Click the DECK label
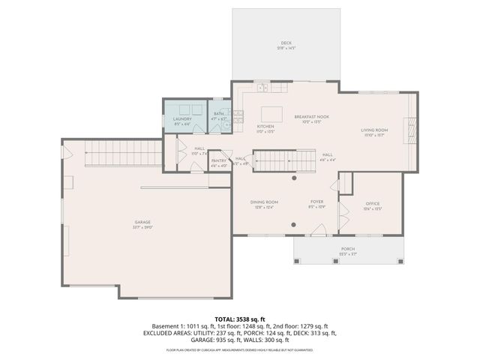tap(286, 44)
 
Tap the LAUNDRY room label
tap(182, 119)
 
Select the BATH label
tap(218, 116)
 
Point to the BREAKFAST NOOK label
tap(312, 117)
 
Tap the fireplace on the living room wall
tap(409, 130)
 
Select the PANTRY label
tap(219, 160)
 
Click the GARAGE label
tap(142, 223)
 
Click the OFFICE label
tap(373, 204)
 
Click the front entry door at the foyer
tap(318, 234)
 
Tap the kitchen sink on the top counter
tap(262, 88)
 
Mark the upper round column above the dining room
tap(295, 179)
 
